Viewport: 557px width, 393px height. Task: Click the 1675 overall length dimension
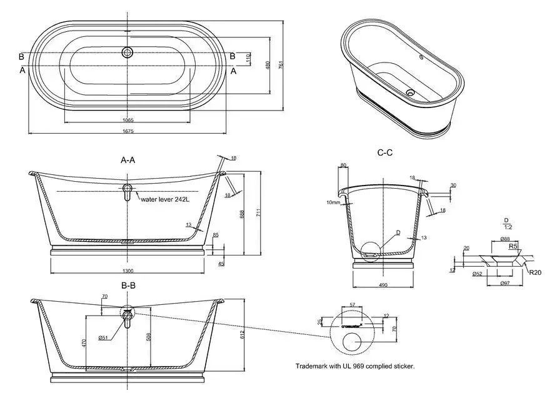(x=128, y=131)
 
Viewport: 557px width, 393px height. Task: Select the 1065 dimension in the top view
(x=128, y=120)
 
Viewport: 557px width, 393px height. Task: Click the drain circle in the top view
(x=128, y=52)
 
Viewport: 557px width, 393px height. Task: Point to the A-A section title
(x=128, y=160)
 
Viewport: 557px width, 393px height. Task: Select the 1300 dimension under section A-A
(x=128, y=271)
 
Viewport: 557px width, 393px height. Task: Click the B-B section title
(x=128, y=286)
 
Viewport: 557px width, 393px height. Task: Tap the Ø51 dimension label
(x=104, y=338)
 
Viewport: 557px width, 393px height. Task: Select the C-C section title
(x=384, y=152)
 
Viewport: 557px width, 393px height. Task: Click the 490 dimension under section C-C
(x=384, y=285)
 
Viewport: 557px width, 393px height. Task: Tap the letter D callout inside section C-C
(x=397, y=232)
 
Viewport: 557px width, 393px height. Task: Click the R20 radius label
(x=534, y=272)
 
